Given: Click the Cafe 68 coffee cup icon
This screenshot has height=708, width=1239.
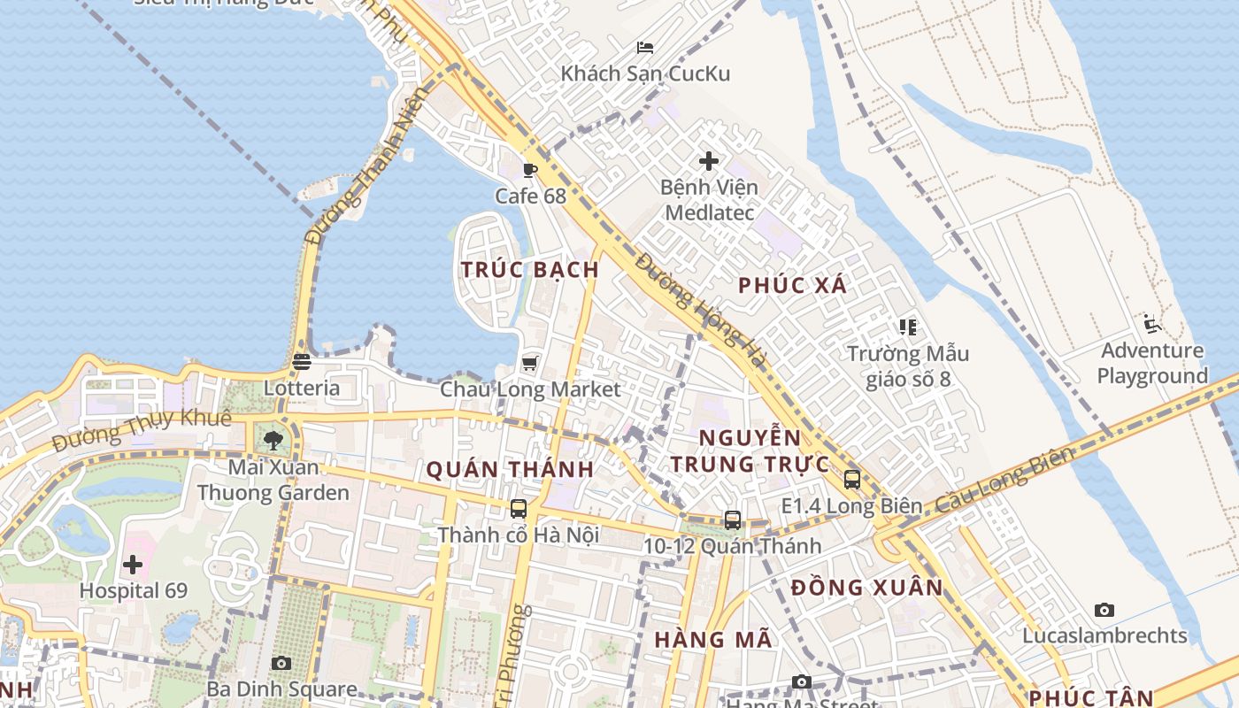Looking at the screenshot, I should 530,170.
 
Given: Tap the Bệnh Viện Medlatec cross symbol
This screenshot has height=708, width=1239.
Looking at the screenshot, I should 709,161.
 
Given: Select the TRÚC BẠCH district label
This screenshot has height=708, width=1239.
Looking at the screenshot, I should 530,270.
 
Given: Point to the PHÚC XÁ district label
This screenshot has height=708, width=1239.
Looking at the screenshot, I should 792,285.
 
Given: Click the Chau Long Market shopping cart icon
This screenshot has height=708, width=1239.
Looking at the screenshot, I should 530,363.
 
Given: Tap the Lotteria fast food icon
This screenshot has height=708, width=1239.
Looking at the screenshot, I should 302,362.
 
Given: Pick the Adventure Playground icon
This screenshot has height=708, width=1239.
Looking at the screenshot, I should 1151,324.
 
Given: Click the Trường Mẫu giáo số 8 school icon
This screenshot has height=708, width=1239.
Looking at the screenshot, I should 907,327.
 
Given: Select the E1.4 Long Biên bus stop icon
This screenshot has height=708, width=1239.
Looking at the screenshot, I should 851,480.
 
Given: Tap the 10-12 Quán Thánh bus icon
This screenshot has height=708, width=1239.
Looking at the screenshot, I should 733,520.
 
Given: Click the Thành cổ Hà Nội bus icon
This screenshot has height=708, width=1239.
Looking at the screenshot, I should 519,509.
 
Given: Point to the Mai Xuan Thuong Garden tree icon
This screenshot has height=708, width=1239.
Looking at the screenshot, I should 273,439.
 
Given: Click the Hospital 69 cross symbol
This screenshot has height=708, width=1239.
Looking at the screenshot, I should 133,564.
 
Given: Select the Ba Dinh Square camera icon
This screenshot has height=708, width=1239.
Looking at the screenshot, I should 281,663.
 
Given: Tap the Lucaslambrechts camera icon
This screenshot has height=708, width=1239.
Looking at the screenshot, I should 1104,610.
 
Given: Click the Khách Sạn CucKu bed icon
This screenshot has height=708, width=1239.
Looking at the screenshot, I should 645,47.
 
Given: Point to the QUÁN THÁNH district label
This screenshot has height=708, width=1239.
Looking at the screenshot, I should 510,470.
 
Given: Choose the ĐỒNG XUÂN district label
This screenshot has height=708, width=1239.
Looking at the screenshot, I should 866,588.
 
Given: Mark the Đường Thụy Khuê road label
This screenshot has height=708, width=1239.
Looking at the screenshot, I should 141,428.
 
